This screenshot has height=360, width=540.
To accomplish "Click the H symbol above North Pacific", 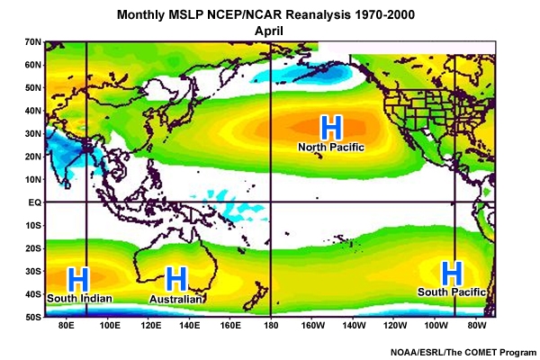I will pyautogui.click(x=332, y=126).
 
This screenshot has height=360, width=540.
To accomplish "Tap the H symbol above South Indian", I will pyautogui.click(x=79, y=277).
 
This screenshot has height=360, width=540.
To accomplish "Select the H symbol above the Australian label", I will pyautogui.click(x=175, y=278).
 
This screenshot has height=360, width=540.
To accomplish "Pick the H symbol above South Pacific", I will pyautogui.click(x=452, y=272).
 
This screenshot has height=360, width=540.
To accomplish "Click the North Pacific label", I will pyautogui.click(x=331, y=147).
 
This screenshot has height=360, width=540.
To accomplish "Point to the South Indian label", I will pyautogui.click(x=80, y=298).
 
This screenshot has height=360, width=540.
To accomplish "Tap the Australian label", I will pyautogui.click(x=175, y=298).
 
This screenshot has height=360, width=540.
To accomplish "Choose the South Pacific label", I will pyautogui.click(x=453, y=292).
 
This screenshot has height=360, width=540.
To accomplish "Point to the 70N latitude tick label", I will pyautogui.click(x=33, y=41).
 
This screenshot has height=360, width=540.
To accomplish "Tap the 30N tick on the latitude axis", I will pyautogui.click(x=33, y=133).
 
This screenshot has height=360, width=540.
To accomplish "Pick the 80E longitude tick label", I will pyautogui.click(x=65, y=326).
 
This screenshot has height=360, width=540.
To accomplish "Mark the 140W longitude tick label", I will pyautogui.click(x=354, y=326).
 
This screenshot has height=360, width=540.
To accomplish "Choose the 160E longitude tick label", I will pyautogui.click(x=229, y=326).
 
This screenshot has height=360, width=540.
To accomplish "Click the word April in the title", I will pyautogui.click(x=270, y=29).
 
